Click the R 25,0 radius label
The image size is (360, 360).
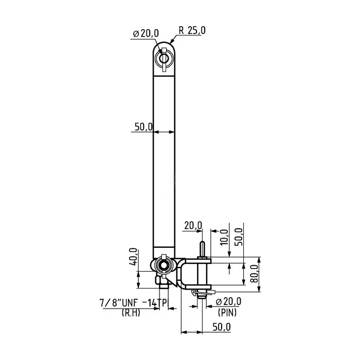coord(193,31)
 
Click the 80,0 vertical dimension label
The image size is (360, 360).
coord(253,272)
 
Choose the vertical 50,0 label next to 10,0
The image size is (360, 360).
coord(238,237)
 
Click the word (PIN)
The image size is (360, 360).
coord(227,312)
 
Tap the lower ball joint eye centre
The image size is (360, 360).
coord(165,265)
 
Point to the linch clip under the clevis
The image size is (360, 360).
coord(197,293)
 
